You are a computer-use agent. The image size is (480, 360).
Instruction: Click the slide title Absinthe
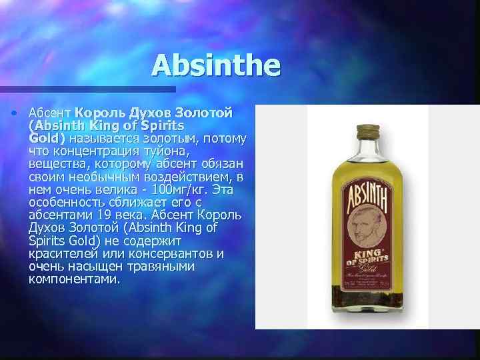pos(217,66)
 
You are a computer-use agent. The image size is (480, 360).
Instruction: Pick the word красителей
pos(64,254)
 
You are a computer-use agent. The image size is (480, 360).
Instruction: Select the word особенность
pos(68,203)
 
